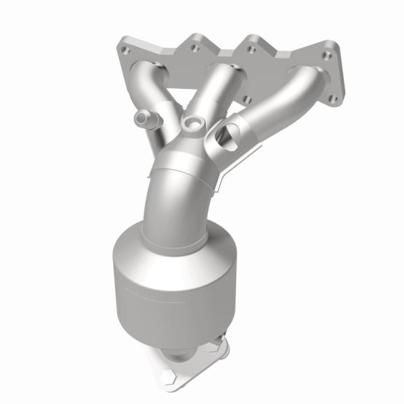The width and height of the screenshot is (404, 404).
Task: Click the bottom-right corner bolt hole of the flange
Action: pos(333,98)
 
